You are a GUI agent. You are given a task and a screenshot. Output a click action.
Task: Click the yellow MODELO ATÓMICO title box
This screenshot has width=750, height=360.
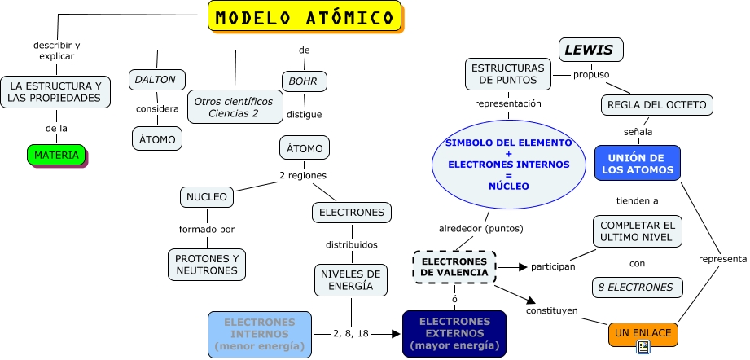305,17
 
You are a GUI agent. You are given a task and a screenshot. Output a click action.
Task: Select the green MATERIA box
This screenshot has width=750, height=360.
56,155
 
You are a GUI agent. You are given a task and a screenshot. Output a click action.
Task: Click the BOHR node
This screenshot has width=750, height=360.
305,81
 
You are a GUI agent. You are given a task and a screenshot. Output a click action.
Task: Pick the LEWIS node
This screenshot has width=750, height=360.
591,50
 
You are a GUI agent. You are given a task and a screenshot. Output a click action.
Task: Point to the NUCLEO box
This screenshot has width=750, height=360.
207,197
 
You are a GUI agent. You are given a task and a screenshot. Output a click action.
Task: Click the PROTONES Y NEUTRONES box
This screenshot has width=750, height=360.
207,264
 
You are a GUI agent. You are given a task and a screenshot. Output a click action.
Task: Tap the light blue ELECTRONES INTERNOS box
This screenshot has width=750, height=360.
260,334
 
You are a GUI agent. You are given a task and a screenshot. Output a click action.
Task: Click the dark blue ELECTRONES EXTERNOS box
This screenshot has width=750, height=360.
454,334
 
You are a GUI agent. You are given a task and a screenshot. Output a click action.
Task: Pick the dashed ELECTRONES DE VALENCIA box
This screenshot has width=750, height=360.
454,266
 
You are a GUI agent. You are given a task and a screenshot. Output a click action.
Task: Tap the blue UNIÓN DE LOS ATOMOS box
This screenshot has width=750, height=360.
637,164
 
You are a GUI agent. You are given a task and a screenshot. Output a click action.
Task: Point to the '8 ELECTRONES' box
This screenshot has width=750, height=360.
637,287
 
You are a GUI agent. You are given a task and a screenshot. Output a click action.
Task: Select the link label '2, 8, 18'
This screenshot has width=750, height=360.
352,334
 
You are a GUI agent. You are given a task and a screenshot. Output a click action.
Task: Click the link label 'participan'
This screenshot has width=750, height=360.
553,266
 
